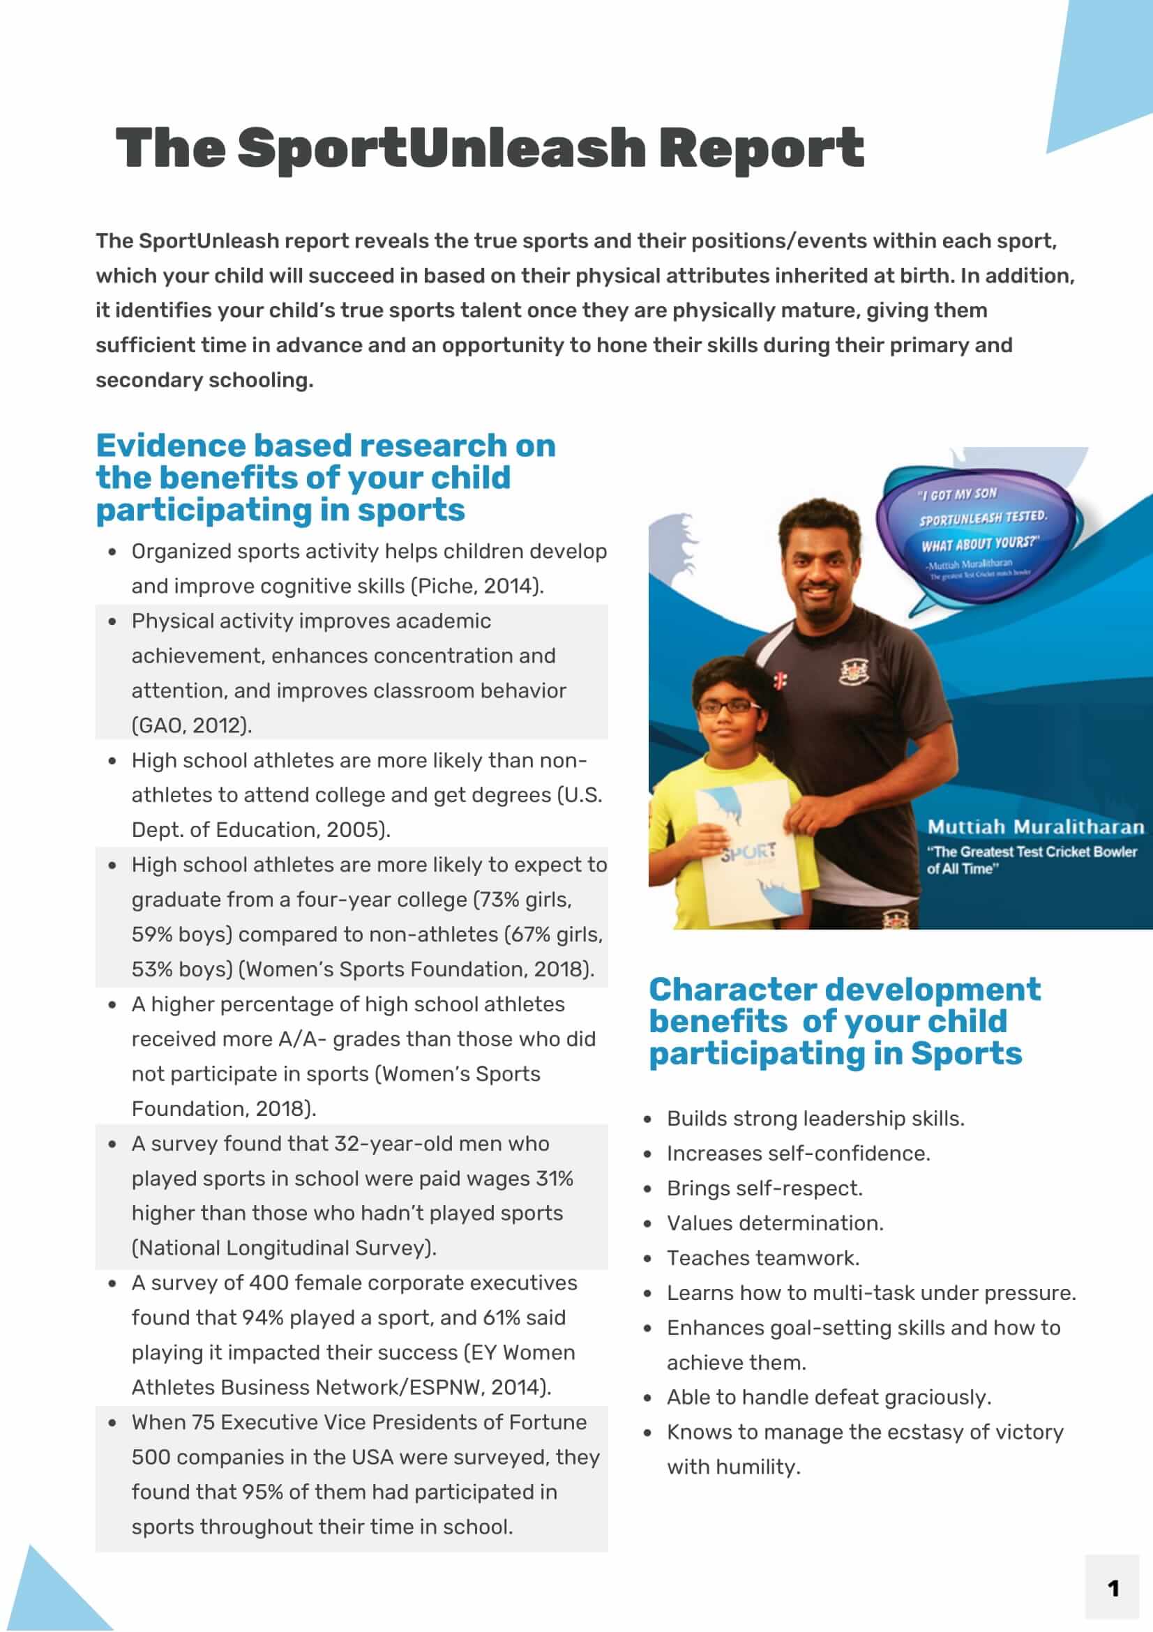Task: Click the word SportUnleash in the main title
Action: click(x=441, y=148)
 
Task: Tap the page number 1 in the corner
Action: click(x=1113, y=1589)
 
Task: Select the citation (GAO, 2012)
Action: click(x=191, y=726)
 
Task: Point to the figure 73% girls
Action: click(x=522, y=900)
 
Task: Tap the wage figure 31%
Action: click(x=555, y=1179)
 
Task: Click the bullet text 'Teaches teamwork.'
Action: click(x=763, y=1258)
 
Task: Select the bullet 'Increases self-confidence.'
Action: click(x=798, y=1154)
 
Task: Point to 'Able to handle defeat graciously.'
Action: click(x=828, y=1398)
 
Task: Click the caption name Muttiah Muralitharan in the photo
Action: click(x=1035, y=826)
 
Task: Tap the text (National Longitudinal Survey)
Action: click(x=284, y=1248)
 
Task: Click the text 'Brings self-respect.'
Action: click(x=764, y=1188)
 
